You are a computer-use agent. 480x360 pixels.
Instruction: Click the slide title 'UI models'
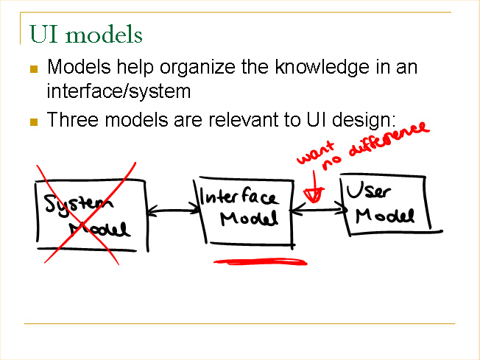tap(85, 35)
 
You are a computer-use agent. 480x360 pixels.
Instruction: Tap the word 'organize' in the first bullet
tap(197, 68)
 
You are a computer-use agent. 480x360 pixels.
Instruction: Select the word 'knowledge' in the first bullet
tap(322, 67)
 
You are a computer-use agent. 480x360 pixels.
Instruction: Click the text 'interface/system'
tap(119, 91)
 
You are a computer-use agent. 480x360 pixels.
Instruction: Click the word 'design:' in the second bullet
tap(364, 120)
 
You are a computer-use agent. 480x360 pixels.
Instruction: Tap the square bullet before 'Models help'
tap(34, 69)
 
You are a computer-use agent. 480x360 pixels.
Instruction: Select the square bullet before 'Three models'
tap(34, 122)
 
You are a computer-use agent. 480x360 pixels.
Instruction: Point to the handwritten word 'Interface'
tap(239, 197)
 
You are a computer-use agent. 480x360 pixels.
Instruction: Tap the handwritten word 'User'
tap(368, 190)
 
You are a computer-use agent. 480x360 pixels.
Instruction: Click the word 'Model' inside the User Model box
tap(385, 216)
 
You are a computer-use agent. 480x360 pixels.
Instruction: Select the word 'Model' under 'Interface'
tap(249, 218)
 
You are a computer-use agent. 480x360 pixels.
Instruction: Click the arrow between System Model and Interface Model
tap(173, 211)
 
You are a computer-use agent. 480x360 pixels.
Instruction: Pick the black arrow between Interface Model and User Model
tap(318, 210)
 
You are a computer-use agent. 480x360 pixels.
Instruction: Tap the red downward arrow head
tap(313, 194)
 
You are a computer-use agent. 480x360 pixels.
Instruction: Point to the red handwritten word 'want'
tap(315, 152)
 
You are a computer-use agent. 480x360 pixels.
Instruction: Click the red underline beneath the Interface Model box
tap(260, 262)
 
